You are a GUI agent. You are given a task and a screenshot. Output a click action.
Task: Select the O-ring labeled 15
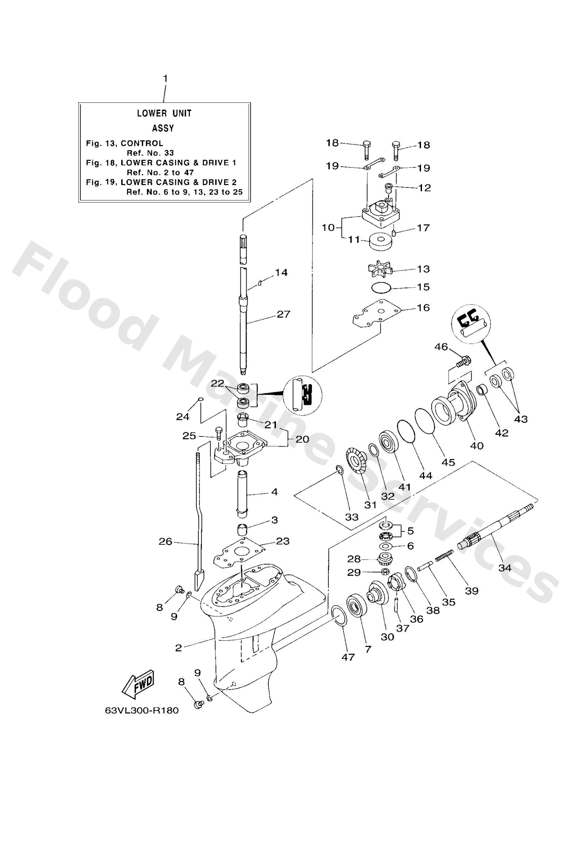click(381, 287)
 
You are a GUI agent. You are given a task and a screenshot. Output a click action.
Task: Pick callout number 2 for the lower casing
click(178, 648)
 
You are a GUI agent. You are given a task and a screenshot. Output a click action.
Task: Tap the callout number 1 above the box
click(165, 79)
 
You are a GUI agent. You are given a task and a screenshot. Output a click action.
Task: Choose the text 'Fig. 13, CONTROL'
click(124, 143)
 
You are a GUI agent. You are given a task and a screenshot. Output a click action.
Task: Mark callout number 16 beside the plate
click(423, 308)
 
